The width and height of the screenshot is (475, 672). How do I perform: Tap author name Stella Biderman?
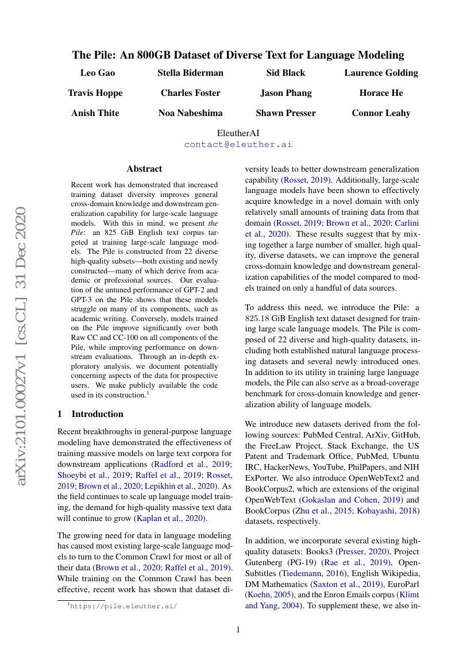[x=191, y=73]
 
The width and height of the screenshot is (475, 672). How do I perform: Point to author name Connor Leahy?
[x=381, y=113]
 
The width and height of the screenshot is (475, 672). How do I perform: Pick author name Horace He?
[x=381, y=93]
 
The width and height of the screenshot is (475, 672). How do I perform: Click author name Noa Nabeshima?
[x=191, y=113]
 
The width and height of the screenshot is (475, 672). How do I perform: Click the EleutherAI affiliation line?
[x=238, y=133]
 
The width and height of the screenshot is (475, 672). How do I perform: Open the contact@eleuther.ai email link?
[x=238, y=144]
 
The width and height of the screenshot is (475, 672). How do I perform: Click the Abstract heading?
[x=144, y=169]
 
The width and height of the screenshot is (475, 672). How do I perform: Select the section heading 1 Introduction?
[x=91, y=414]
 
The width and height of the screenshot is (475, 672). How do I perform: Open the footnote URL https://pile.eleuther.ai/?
[x=123, y=605]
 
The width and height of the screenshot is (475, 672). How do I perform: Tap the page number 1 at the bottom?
[x=238, y=629]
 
